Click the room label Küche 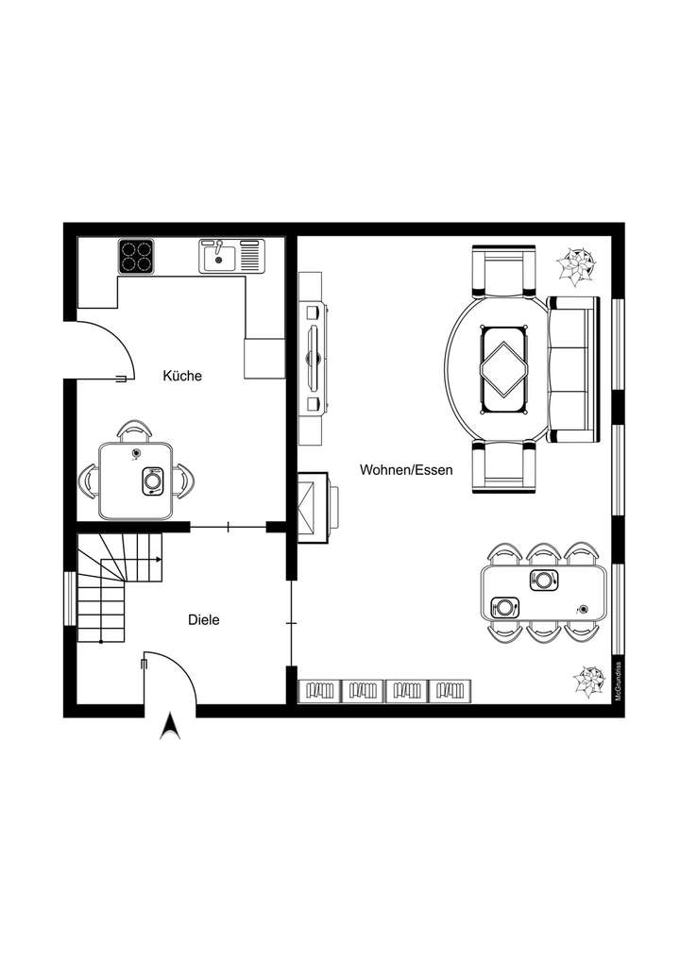click(182, 376)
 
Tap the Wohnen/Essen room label click(405, 469)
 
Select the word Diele click(204, 620)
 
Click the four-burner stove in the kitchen click(136, 256)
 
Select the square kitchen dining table click(135, 480)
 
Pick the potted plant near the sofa click(575, 266)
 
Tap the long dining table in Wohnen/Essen click(543, 593)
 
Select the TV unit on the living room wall click(312, 359)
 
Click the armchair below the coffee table click(504, 467)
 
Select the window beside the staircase click(69, 598)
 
